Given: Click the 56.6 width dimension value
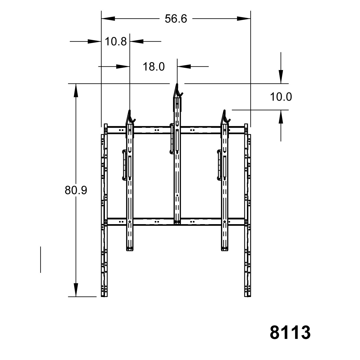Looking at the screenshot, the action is [176, 19].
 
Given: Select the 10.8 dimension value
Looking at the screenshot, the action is [116, 41].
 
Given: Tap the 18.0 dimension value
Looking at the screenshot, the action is [154, 67].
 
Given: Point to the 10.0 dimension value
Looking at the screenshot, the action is [281, 97].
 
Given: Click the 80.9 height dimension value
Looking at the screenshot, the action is [76, 190].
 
